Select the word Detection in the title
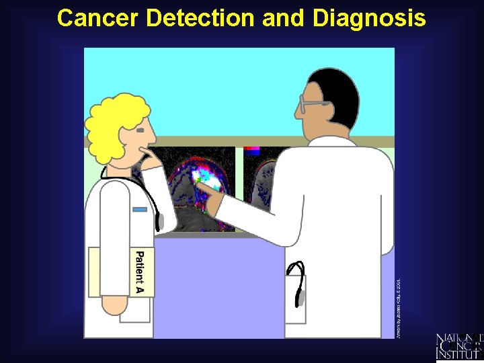tap(201, 18)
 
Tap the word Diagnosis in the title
tap(368, 18)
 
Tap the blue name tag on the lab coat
tap(140, 209)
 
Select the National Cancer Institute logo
tap(459, 346)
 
